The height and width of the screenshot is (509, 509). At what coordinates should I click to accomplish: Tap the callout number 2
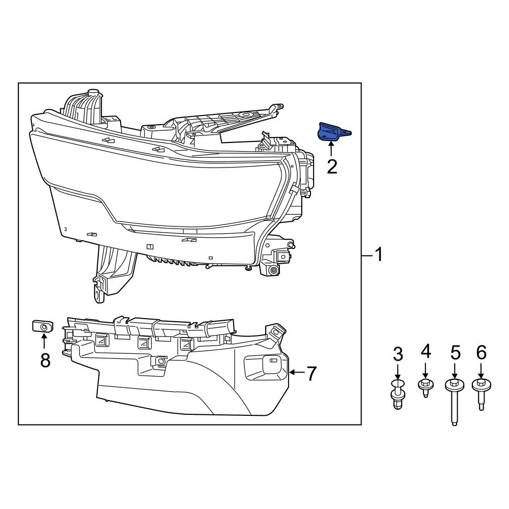(332, 167)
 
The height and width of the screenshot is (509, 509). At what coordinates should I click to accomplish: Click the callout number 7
(312, 374)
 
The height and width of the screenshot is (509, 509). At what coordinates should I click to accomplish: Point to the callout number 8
(45, 360)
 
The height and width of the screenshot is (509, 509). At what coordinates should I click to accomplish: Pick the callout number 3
(398, 354)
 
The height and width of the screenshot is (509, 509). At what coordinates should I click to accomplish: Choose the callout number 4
(426, 352)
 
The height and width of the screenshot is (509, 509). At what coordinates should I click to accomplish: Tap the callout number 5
(456, 353)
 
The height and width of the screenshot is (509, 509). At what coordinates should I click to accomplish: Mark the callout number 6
(482, 353)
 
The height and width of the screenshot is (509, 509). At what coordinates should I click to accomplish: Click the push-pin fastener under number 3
(398, 394)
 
